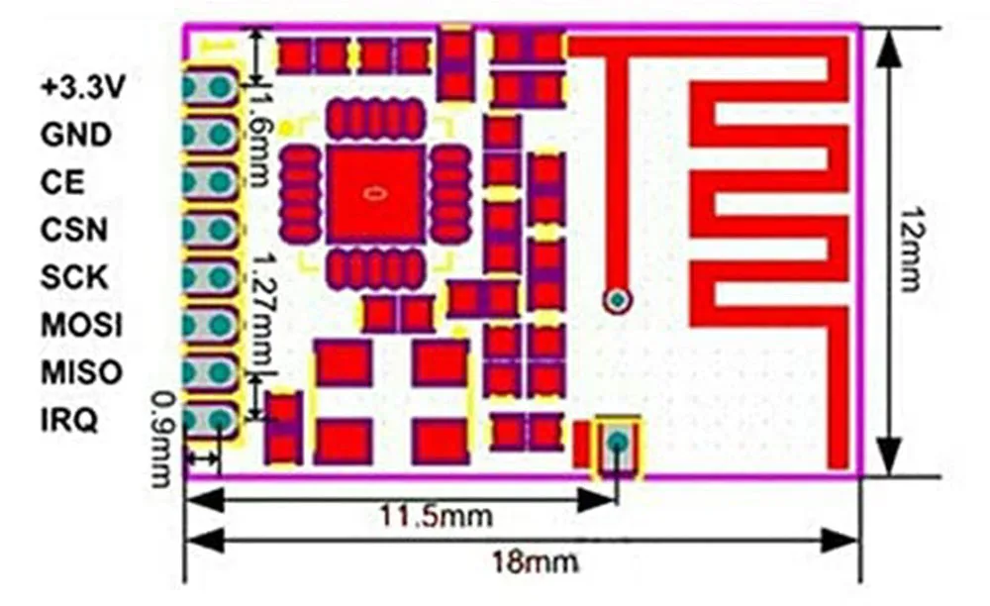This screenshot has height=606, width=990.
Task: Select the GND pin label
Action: pyautogui.click(x=76, y=134)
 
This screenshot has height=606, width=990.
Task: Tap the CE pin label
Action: pyautogui.click(x=62, y=182)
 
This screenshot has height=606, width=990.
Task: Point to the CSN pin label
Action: pyautogui.click(x=74, y=230)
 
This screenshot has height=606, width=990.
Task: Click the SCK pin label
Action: pyautogui.click(x=74, y=276)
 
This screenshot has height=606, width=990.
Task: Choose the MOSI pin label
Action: pyautogui.click(x=82, y=325)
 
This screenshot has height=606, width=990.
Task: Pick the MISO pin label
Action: pyautogui.click(x=82, y=372)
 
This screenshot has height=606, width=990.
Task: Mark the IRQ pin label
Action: pyautogui.click(x=68, y=421)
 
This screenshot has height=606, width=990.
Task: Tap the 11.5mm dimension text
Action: pyautogui.click(x=437, y=515)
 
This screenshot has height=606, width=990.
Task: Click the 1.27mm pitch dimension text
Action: pyautogui.click(x=262, y=308)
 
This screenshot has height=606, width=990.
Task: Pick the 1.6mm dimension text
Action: pyautogui.click(x=261, y=139)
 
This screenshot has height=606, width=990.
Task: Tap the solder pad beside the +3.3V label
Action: pyautogui.click(x=211, y=87)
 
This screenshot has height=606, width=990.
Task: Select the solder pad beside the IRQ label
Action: pyautogui.click(x=211, y=421)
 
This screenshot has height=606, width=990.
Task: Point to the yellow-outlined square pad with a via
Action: pyautogui.click(x=618, y=444)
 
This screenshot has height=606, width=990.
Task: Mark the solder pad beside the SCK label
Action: pyautogui.click(x=211, y=276)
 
